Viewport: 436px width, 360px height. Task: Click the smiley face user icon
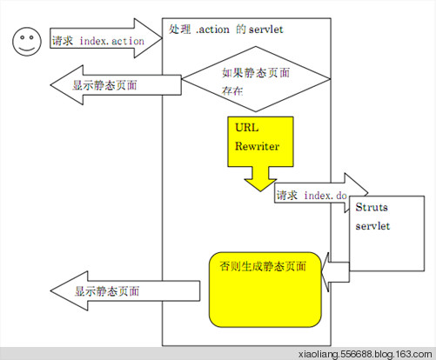point(25,42)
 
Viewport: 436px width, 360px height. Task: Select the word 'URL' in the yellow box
point(248,127)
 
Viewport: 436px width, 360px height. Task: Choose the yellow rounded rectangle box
point(264,287)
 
